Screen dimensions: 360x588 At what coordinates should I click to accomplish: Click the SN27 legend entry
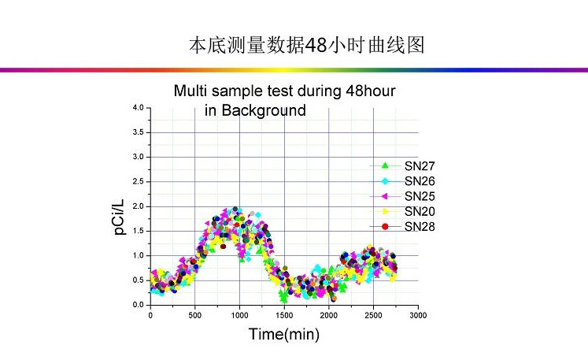pyautogui.click(x=419, y=166)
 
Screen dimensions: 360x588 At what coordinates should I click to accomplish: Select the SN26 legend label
pyautogui.click(x=419, y=181)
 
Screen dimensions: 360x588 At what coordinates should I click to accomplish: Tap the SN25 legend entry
pyautogui.click(x=419, y=196)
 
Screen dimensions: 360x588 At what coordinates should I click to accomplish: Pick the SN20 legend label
pyautogui.click(x=419, y=211)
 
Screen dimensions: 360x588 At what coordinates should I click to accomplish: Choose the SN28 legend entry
pyautogui.click(x=419, y=227)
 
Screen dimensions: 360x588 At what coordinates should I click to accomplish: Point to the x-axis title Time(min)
pyautogui.click(x=284, y=334)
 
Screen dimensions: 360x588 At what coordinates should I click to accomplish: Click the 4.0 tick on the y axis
pyautogui.click(x=138, y=108)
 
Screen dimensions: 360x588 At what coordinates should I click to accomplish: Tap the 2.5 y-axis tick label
pyautogui.click(x=138, y=182)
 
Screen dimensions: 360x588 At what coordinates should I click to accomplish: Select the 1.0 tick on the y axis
pyautogui.click(x=138, y=256)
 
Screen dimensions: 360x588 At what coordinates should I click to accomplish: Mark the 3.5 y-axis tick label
pyautogui.click(x=138, y=132)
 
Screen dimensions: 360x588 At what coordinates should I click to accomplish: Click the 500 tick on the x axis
pyautogui.click(x=195, y=315)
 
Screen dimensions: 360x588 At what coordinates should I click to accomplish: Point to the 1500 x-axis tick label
pyautogui.click(x=284, y=315)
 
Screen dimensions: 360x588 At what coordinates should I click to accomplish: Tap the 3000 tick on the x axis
pyautogui.click(x=418, y=315)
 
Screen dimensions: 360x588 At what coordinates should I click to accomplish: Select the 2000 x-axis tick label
pyautogui.click(x=329, y=315)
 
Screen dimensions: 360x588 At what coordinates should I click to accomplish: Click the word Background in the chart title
pyautogui.click(x=263, y=110)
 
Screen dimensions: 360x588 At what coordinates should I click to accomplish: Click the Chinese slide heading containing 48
pyautogui.click(x=307, y=45)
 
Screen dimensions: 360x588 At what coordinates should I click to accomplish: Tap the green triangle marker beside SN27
pyautogui.click(x=385, y=166)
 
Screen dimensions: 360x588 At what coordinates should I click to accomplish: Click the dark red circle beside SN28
pyautogui.click(x=385, y=227)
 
